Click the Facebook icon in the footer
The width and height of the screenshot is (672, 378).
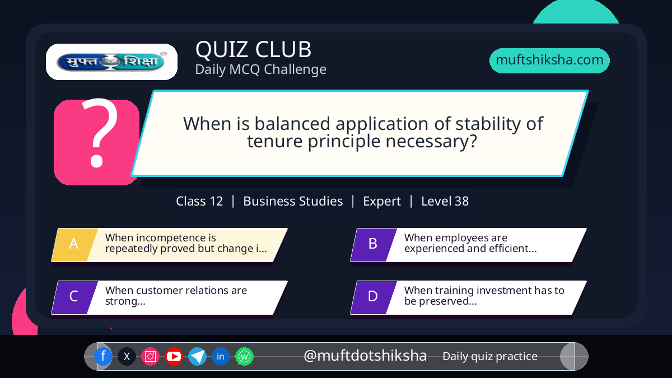103,356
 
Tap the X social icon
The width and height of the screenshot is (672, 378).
127,356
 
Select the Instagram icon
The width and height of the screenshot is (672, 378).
150,356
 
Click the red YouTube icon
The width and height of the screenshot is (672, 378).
174,356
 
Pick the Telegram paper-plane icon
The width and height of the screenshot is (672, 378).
197,356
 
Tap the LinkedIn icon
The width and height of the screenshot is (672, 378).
221,356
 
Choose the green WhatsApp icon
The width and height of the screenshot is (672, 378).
245,356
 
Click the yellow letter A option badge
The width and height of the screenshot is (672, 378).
74,245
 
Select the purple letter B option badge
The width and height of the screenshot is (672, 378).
373,245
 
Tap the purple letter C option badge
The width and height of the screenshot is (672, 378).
74,297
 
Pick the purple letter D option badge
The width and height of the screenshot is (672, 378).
373,297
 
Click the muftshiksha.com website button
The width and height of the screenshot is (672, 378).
549,60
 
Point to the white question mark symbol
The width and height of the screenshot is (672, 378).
99,133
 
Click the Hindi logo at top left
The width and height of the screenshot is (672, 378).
111,62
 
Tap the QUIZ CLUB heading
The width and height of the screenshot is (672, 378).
254,49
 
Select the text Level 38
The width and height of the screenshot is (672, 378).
445,201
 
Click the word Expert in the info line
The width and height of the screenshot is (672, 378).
382,202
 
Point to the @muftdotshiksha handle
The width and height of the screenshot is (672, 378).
365,356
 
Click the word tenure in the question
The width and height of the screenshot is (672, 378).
274,141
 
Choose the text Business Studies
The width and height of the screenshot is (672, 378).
293,201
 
